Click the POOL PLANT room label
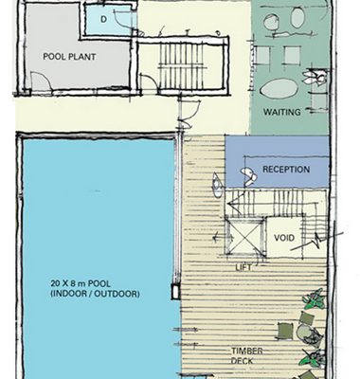point(69,57)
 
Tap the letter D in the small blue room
point(103,20)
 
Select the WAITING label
point(282,112)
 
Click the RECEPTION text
point(286,170)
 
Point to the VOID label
point(284,238)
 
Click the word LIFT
point(243,268)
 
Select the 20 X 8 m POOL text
point(81,282)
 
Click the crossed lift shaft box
point(245,236)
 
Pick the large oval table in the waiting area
point(279,88)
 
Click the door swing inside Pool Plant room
point(41,81)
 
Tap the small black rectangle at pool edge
point(175,291)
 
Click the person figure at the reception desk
point(249,177)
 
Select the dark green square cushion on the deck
point(285,331)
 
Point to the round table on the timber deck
point(304,333)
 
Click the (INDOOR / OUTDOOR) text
point(95,294)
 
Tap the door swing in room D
point(123,19)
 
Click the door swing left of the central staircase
point(148,82)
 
